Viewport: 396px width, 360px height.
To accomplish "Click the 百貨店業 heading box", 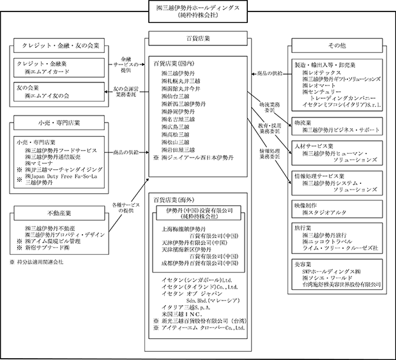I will (x=197, y=38).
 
